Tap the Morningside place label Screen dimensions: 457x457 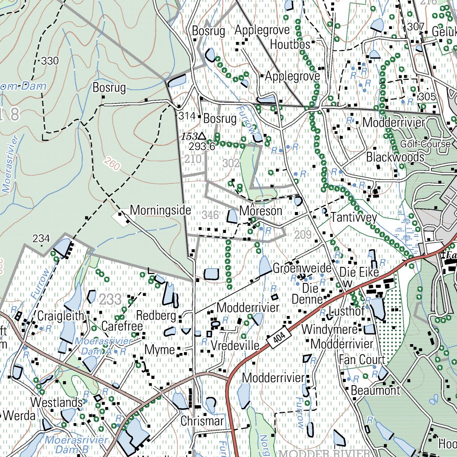pos(161,210)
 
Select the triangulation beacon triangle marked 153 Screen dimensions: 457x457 pos(202,136)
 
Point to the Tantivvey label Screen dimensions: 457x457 pos(354,218)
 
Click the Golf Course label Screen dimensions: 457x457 pos(425,144)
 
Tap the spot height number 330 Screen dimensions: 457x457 pos(50,61)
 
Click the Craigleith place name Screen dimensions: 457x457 pos(61,316)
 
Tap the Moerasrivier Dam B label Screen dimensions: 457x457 pos(76,445)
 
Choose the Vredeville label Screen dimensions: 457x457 pos(235,346)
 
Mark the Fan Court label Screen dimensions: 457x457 pos(362,360)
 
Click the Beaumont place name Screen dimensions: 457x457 pos(375,391)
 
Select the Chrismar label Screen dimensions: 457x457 pos(202,421)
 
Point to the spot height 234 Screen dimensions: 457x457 pos(41,239)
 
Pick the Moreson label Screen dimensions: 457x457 pos(261,211)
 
